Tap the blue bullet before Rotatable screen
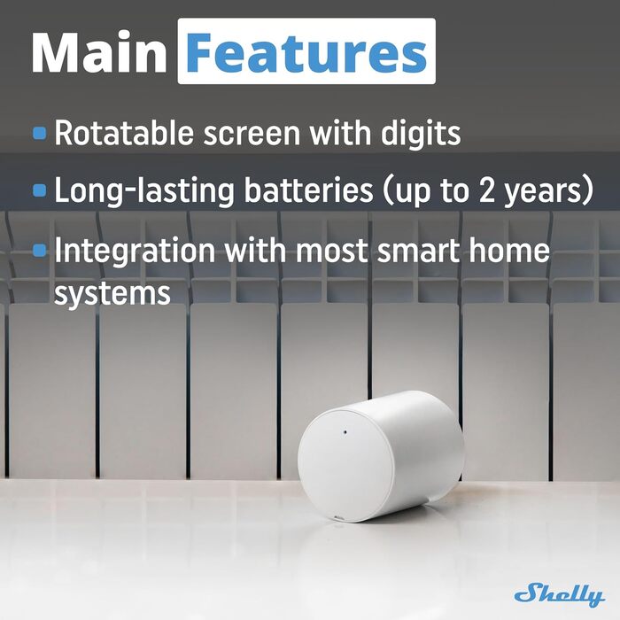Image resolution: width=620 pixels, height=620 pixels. coord(40,134)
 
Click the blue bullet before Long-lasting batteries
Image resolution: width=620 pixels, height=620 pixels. coord(40,190)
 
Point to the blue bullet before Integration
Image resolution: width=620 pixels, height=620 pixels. coord(40,250)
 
